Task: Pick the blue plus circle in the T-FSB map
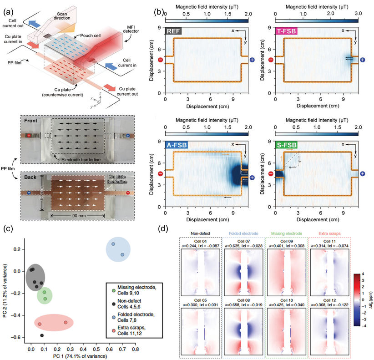[363, 60]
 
